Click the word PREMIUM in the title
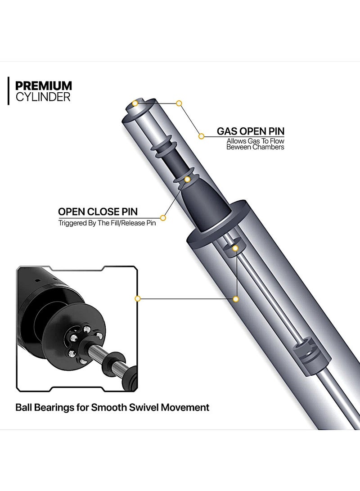(44, 86)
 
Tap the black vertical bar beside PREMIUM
(8, 91)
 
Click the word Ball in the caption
(24, 408)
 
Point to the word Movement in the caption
(189, 408)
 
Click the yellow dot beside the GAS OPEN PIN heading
(202, 135)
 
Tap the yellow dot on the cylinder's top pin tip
(135, 104)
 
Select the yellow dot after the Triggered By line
(163, 218)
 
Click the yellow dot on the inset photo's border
(138, 298)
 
